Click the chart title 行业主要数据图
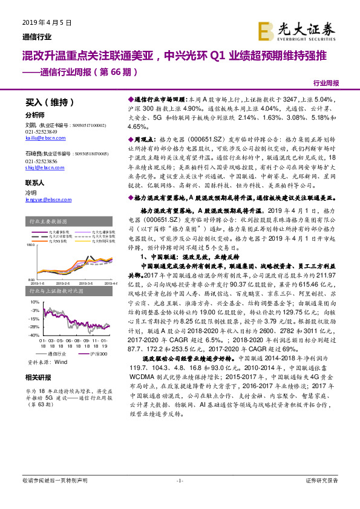click(x=47, y=222)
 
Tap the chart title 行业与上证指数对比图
click(x=53, y=291)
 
